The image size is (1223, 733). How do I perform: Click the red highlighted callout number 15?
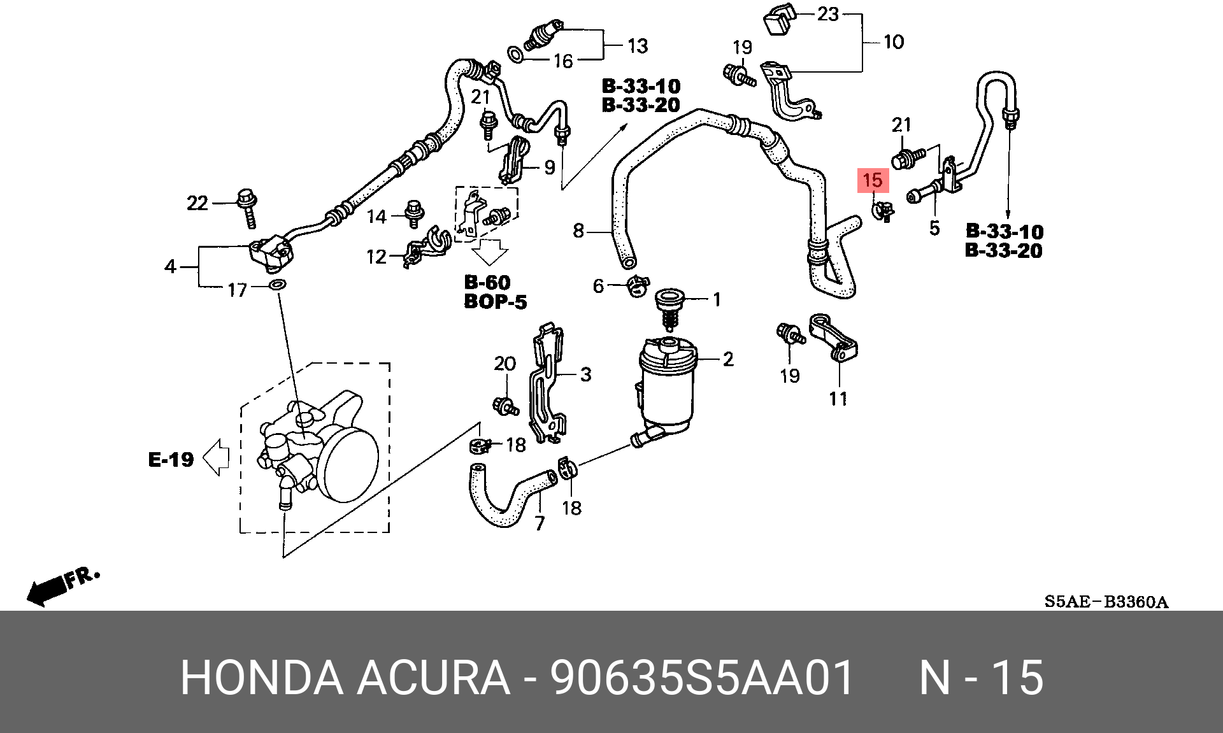pos(873,180)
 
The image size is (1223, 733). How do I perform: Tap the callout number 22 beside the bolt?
pos(197,203)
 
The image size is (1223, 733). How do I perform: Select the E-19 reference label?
pos(171,459)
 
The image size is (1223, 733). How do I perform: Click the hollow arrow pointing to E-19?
pos(215,457)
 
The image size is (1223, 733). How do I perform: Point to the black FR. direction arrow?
pos(48,590)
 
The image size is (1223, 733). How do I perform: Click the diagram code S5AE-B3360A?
pos(1106,602)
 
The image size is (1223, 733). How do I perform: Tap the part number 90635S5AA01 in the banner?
pos(702,678)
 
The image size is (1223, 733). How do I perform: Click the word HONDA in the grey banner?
pos(262,678)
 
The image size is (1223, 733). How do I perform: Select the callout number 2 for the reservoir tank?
pos(728,359)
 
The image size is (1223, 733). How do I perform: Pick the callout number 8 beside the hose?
pos(578,231)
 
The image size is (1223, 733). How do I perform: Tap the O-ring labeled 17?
pos(278,283)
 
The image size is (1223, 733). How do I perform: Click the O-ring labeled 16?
pos(516,55)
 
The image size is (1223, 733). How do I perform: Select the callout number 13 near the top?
pos(638,46)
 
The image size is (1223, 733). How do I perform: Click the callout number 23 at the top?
pos(827,13)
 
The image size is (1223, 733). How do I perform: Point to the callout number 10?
pos(894,42)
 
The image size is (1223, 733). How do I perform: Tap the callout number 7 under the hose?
pos(540,523)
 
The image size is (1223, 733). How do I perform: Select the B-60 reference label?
pos(487,282)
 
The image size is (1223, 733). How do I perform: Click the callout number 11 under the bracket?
pos(838,399)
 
